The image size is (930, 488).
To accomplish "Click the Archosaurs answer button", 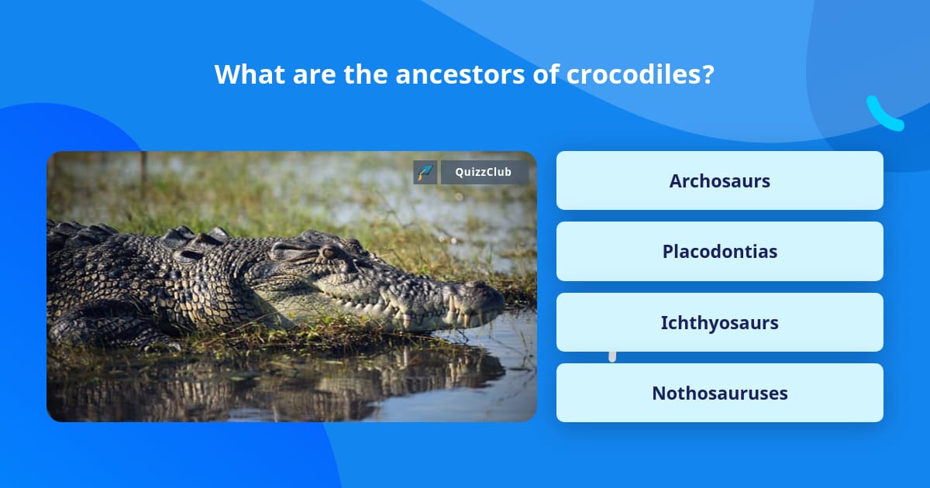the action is (719, 180).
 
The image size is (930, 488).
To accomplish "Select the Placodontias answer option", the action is (719, 252).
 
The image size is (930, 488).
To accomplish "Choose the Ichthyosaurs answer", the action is (719, 322).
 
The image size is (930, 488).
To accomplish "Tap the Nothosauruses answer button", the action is (719, 393).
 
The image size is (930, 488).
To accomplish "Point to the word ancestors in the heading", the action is (460, 74).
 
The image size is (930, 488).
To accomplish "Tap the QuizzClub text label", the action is (484, 172).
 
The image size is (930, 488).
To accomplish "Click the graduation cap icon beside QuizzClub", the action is (425, 172).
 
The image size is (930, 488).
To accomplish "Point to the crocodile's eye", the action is (329, 252).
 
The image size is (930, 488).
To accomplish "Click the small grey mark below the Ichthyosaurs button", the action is (612, 357).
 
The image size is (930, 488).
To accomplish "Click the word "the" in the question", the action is (366, 74).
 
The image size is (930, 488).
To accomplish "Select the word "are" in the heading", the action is (315, 77).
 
